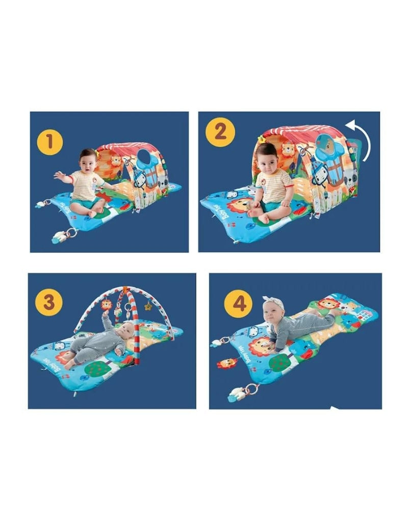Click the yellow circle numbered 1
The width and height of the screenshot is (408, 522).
click(49, 142)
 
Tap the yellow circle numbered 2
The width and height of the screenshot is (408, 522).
click(220, 132)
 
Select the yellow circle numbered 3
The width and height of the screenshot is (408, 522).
click(49, 301)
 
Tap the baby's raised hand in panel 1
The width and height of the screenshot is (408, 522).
click(58, 175)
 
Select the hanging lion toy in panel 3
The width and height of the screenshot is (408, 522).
click(107, 305)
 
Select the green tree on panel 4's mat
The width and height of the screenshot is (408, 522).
click(278, 362)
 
